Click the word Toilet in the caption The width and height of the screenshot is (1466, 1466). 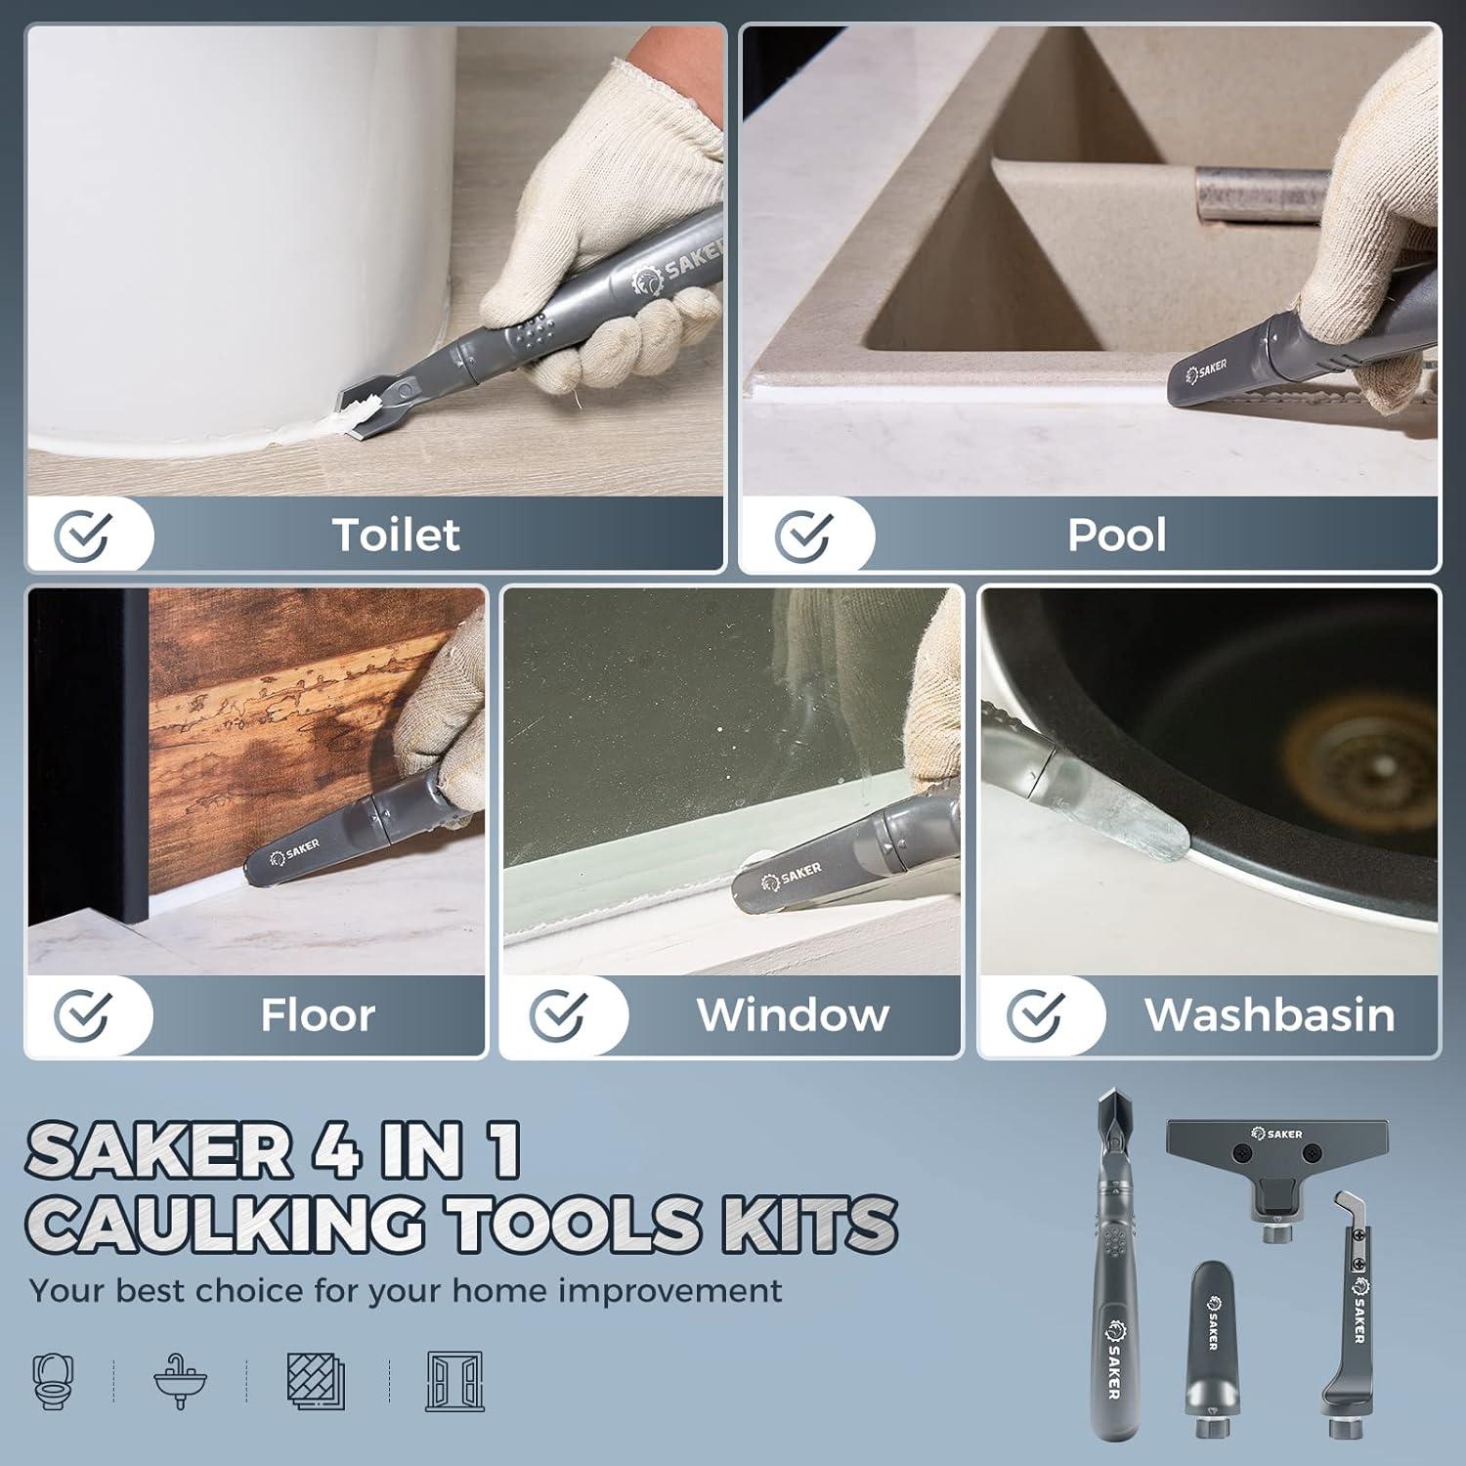click(396, 535)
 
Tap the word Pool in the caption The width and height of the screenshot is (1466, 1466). click(1116, 535)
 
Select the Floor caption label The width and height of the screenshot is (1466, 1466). click(318, 1015)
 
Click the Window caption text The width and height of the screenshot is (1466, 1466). click(793, 1015)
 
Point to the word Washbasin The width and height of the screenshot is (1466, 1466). click(1270, 1015)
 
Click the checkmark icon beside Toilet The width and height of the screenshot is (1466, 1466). click(82, 534)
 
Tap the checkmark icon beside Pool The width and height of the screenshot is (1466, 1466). click(803, 534)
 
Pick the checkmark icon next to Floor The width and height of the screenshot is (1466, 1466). click(82, 1014)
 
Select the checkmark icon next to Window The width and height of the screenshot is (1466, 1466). click(557, 1014)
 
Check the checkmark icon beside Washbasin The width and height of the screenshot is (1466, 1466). click(1035, 1014)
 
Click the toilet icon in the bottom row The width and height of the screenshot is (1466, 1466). click(55, 1381)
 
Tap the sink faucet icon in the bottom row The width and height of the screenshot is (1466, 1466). click(180, 1381)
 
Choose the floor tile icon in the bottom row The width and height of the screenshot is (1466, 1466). click(316, 1381)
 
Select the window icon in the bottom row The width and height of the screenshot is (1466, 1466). click(454, 1381)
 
